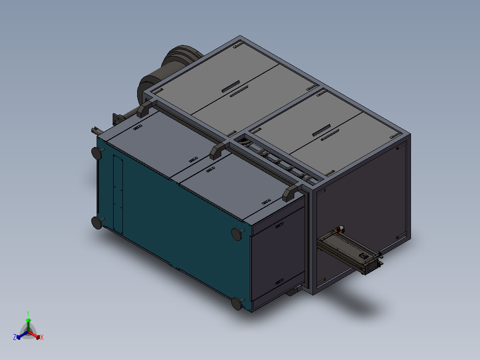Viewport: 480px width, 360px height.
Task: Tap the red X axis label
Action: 42,338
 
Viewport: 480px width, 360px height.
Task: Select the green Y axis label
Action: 28,313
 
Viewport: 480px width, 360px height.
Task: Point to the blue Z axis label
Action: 14,338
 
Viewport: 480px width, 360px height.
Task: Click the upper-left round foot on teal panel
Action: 97,153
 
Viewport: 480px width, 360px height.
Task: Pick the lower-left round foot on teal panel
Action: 97,222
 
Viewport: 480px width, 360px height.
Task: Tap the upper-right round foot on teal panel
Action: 237,233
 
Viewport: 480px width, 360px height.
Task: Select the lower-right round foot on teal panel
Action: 237,304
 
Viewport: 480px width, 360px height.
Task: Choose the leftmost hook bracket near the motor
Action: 145,109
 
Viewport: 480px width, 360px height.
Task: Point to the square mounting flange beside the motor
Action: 117,120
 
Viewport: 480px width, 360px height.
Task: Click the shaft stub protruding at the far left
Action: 95,131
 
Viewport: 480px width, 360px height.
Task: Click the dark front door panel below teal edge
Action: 276,258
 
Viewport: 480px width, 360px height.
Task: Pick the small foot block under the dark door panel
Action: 292,292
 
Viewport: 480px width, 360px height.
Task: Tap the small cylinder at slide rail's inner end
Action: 339,229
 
